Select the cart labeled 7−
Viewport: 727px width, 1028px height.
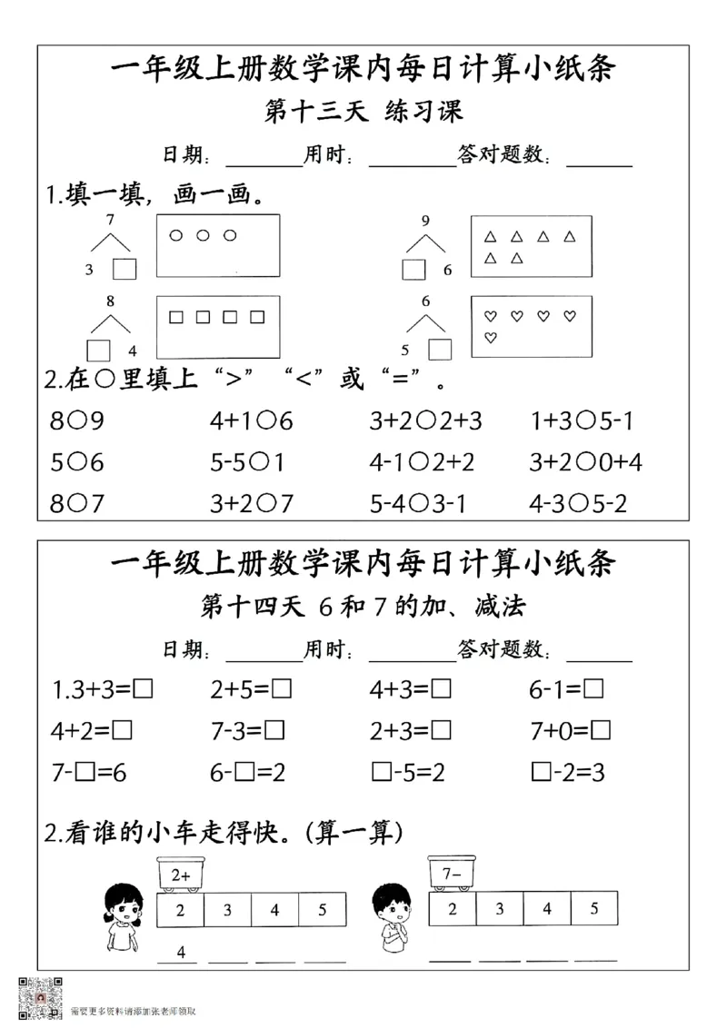tap(452, 875)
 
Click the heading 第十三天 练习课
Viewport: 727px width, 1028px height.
tap(363, 112)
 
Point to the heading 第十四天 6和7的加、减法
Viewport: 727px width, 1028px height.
tap(363, 606)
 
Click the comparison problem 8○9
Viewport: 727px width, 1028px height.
tap(77, 422)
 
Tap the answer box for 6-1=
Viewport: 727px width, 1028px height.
tap(594, 690)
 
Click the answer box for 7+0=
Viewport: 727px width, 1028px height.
tap(601, 731)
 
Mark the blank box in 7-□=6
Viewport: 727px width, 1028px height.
tap(85, 773)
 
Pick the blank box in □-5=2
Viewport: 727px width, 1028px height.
tap(382, 773)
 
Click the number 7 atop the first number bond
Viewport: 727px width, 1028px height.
tap(110, 220)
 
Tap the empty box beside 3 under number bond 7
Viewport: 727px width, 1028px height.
tap(124, 269)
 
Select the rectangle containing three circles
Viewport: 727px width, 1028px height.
tap(217, 245)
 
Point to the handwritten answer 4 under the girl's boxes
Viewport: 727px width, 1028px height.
tap(181, 952)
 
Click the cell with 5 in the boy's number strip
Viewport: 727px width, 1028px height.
tap(593, 909)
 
